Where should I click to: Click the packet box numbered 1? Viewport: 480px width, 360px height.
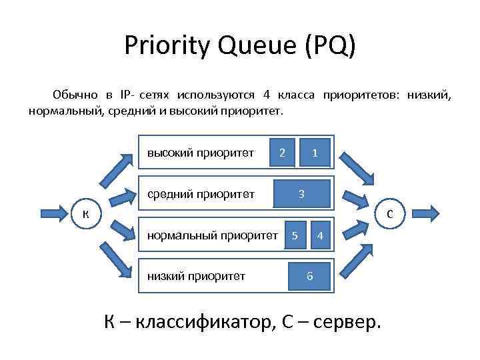point(315,153)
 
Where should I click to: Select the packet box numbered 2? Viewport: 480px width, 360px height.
point(283,153)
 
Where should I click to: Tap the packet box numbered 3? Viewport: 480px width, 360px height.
point(302,194)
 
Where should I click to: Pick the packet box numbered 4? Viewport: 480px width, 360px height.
point(321,235)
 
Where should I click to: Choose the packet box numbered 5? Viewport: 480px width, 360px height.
point(295,235)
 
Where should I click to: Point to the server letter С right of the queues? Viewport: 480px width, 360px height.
point(391,213)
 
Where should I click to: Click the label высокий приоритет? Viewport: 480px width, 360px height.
point(201,153)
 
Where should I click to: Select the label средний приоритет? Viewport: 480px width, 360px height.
point(201,195)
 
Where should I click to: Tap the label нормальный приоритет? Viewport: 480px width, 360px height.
point(213,235)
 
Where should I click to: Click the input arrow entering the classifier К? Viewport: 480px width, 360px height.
point(57,213)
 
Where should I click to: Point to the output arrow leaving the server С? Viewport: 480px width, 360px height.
point(423,213)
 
